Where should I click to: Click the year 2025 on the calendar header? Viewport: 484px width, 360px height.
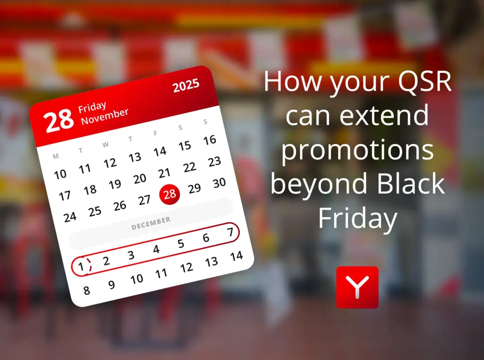pos(186,86)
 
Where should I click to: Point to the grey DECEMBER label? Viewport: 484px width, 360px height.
pos(151,223)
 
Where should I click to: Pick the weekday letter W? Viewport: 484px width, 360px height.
pos(105,144)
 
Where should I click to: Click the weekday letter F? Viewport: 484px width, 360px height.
pos(155,133)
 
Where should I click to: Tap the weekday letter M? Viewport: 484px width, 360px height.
pos(56,156)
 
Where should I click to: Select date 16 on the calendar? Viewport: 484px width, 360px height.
pos(209,140)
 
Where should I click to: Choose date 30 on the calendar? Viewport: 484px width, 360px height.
pos(219,183)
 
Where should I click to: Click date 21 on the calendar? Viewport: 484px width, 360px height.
pos(164,173)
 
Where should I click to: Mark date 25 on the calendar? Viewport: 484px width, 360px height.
pos(95,211)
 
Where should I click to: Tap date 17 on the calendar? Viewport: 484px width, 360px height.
pos(65,195)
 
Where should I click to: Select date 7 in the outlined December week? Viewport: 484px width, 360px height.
pos(230,232)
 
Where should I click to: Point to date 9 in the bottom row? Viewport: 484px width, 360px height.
pos(112,285)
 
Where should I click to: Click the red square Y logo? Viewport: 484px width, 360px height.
pos(357,287)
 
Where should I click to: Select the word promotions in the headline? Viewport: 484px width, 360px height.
pos(358,150)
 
